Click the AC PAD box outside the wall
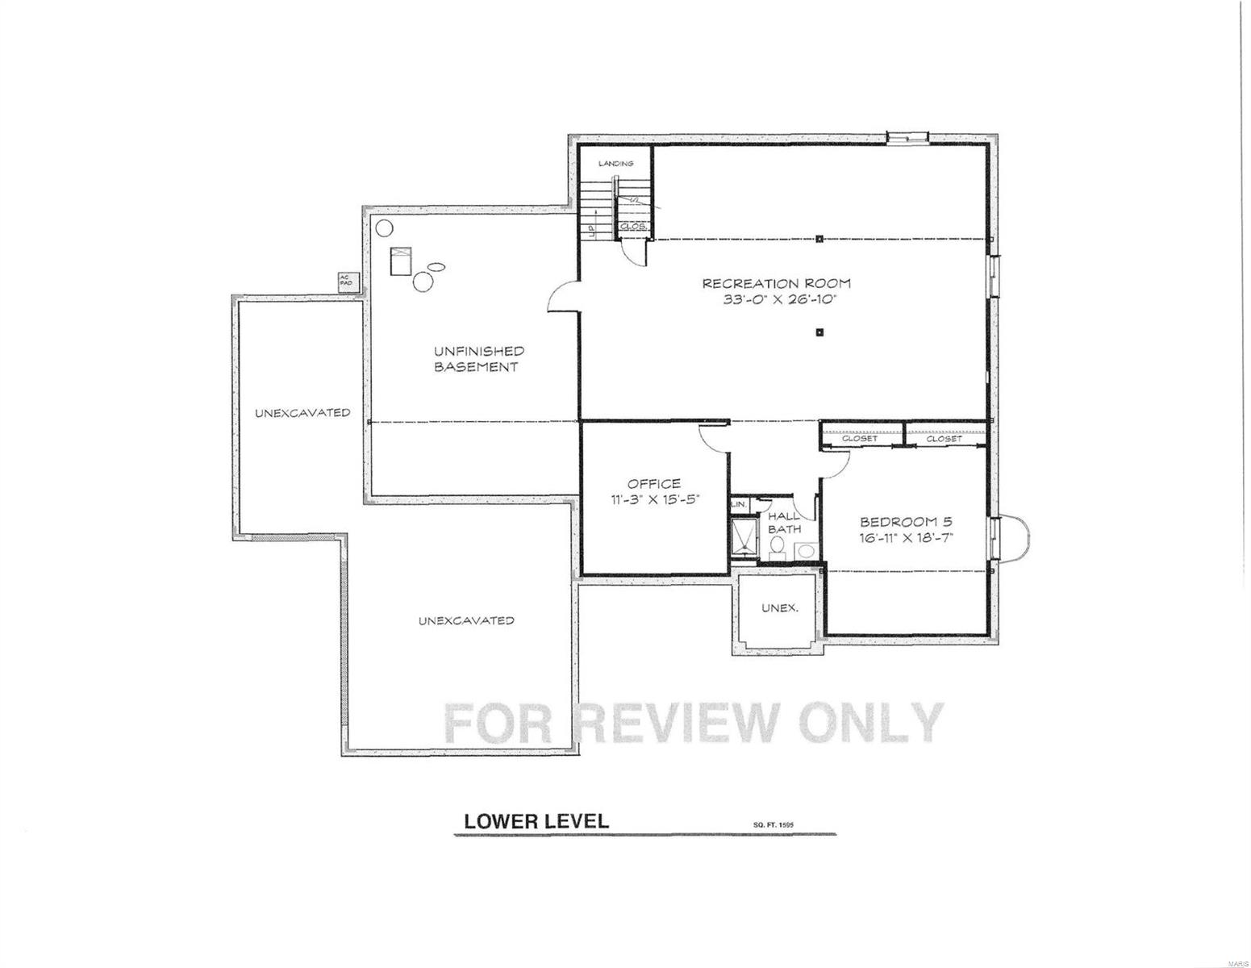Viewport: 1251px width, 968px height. (x=344, y=282)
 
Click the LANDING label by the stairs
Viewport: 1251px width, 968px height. (x=615, y=164)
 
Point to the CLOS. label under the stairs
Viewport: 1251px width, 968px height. (x=634, y=227)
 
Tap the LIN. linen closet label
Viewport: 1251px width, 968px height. (x=738, y=504)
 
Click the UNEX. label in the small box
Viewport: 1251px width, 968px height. (x=779, y=607)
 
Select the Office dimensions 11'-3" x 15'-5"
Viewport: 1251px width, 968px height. (x=653, y=499)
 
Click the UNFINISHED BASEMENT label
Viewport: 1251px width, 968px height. (x=478, y=359)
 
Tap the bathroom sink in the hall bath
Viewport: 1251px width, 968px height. (x=805, y=551)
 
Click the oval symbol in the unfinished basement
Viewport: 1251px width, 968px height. (x=436, y=265)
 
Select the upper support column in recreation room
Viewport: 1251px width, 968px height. (x=819, y=238)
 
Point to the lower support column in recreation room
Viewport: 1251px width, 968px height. (x=819, y=331)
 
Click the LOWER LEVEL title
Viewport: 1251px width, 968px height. (x=536, y=821)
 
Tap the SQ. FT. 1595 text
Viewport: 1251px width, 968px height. (x=774, y=824)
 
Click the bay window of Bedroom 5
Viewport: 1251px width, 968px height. (x=1013, y=539)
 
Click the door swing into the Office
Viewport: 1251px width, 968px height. (x=712, y=436)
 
